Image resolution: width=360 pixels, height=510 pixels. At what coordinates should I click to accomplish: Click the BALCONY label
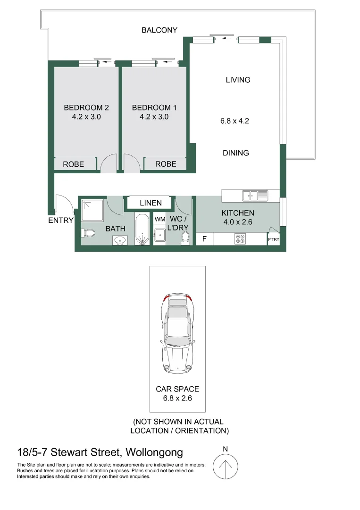[159, 30]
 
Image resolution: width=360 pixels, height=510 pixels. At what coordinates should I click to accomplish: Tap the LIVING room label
[238, 80]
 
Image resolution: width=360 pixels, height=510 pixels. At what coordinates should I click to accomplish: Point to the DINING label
[236, 153]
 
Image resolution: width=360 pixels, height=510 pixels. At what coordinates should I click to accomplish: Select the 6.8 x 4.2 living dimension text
[234, 121]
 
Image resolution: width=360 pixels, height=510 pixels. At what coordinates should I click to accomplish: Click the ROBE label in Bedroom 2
[73, 164]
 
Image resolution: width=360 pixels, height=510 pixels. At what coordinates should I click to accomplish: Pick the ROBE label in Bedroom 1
[166, 164]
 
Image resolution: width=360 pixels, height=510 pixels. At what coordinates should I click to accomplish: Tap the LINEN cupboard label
[151, 203]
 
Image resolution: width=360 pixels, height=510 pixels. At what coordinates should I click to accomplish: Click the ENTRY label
[60, 220]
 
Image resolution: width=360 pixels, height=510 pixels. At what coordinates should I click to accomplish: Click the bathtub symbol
[142, 230]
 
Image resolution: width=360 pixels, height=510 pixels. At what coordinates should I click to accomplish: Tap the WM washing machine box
[160, 220]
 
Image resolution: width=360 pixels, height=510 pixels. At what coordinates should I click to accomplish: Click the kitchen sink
[255, 195]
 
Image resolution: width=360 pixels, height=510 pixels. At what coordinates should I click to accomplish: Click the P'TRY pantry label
[273, 240]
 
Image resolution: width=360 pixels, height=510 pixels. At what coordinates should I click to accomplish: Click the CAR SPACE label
[177, 389]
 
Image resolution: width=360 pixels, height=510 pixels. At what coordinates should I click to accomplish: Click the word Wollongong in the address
[155, 452]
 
